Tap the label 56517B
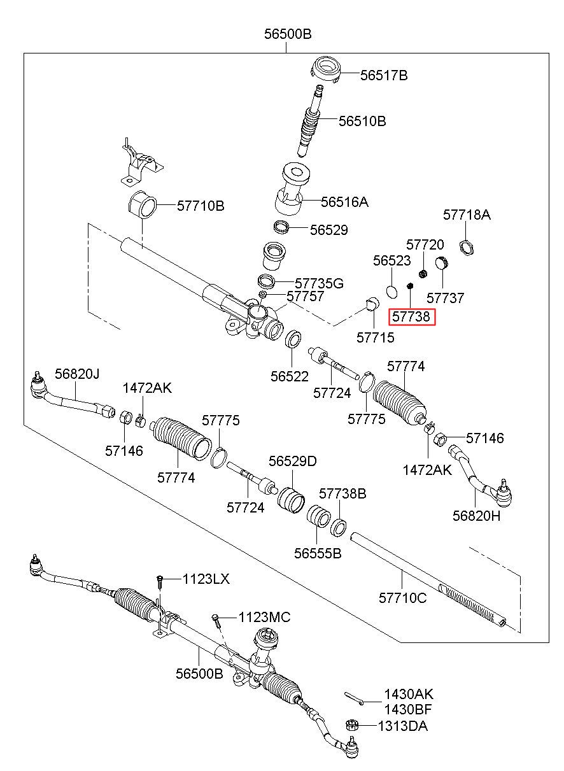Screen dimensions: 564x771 pyautogui.click(x=384, y=75)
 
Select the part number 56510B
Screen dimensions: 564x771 pyautogui.click(x=362, y=121)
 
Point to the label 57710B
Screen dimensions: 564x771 pyautogui.click(x=201, y=206)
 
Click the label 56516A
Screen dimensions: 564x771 pyautogui.click(x=344, y=202)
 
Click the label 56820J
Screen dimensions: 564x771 pyautogui.click(x=77, y=374)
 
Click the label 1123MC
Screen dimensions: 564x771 pyautogui.click(x=264, y=617)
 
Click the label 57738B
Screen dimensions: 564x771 pyautogui.click(x=342, y=493)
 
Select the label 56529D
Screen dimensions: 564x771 pyautogui.click(x=292, y=461)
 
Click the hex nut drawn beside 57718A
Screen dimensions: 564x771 pyautogui.click(x=467, y=248)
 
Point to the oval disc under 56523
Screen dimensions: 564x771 pyautogui.click(x=391, y=291)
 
